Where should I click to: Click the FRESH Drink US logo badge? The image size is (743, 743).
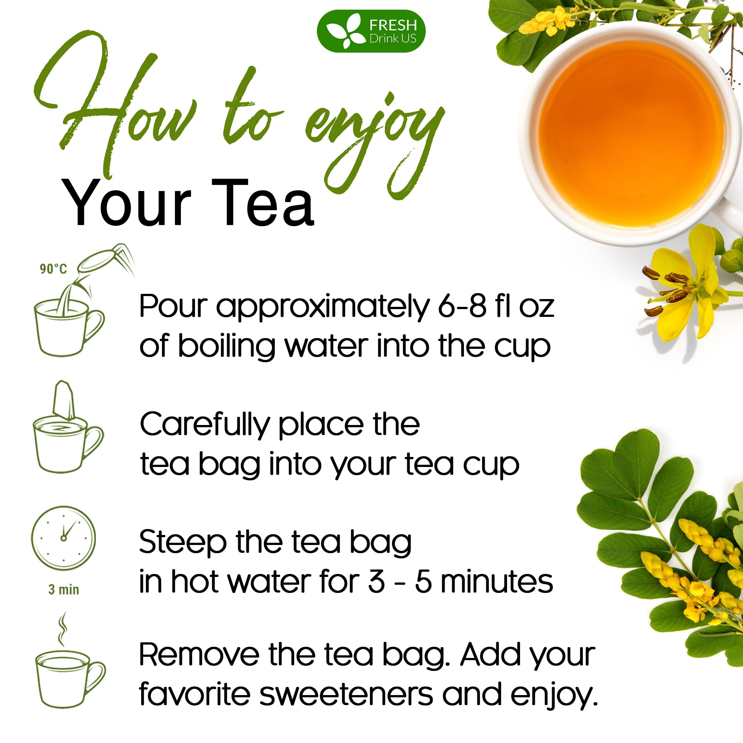371,31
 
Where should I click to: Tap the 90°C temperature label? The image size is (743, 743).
53,269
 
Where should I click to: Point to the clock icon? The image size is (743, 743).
63,538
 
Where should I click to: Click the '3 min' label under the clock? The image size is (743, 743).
64,590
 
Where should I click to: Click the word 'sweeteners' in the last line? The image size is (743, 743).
346,695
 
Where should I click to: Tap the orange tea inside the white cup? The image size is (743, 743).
631,133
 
